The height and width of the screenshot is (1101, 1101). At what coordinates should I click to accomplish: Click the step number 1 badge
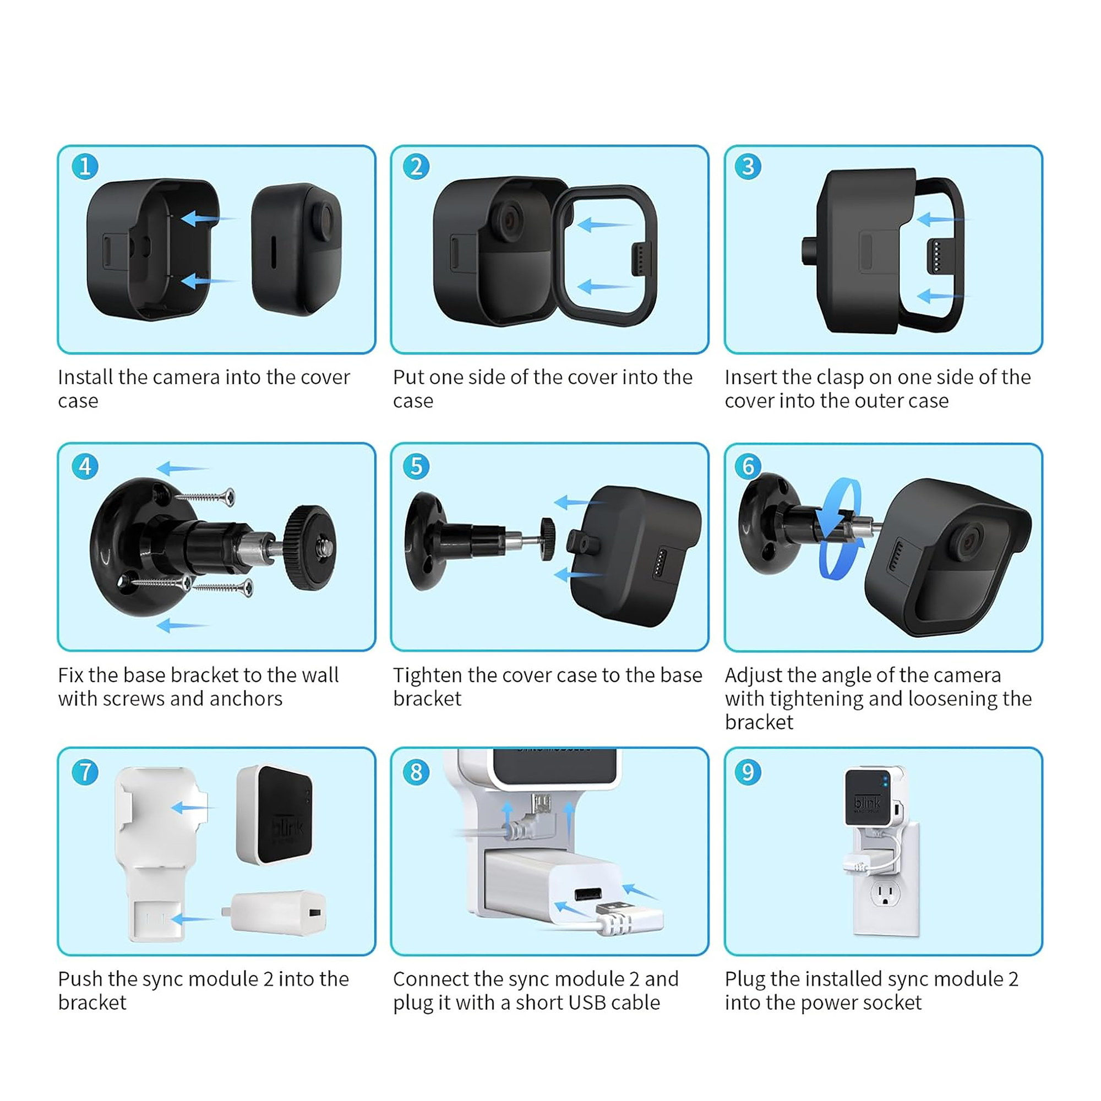point(85,166)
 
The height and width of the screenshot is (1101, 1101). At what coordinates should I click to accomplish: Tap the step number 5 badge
point(417,466)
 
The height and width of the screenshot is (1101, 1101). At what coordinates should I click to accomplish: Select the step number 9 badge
point(748,772)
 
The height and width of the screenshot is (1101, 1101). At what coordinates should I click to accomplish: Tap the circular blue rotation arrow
point(838,528)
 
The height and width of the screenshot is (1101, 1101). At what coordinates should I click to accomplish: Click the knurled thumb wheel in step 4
point(310,548)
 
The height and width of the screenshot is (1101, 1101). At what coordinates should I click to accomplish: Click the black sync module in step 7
point(275,814)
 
